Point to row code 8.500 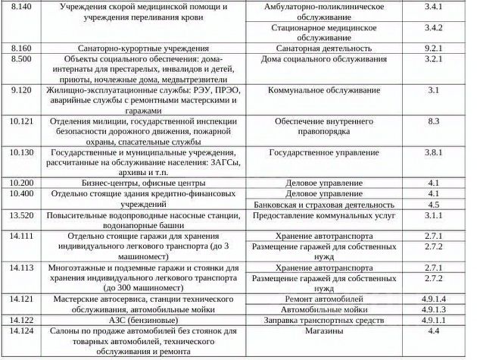(21, 58)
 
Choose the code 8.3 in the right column (434, 121)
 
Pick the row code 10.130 (23, 152)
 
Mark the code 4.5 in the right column (434, 204)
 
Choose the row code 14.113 (23, 268)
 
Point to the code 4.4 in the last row (434, 331)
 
